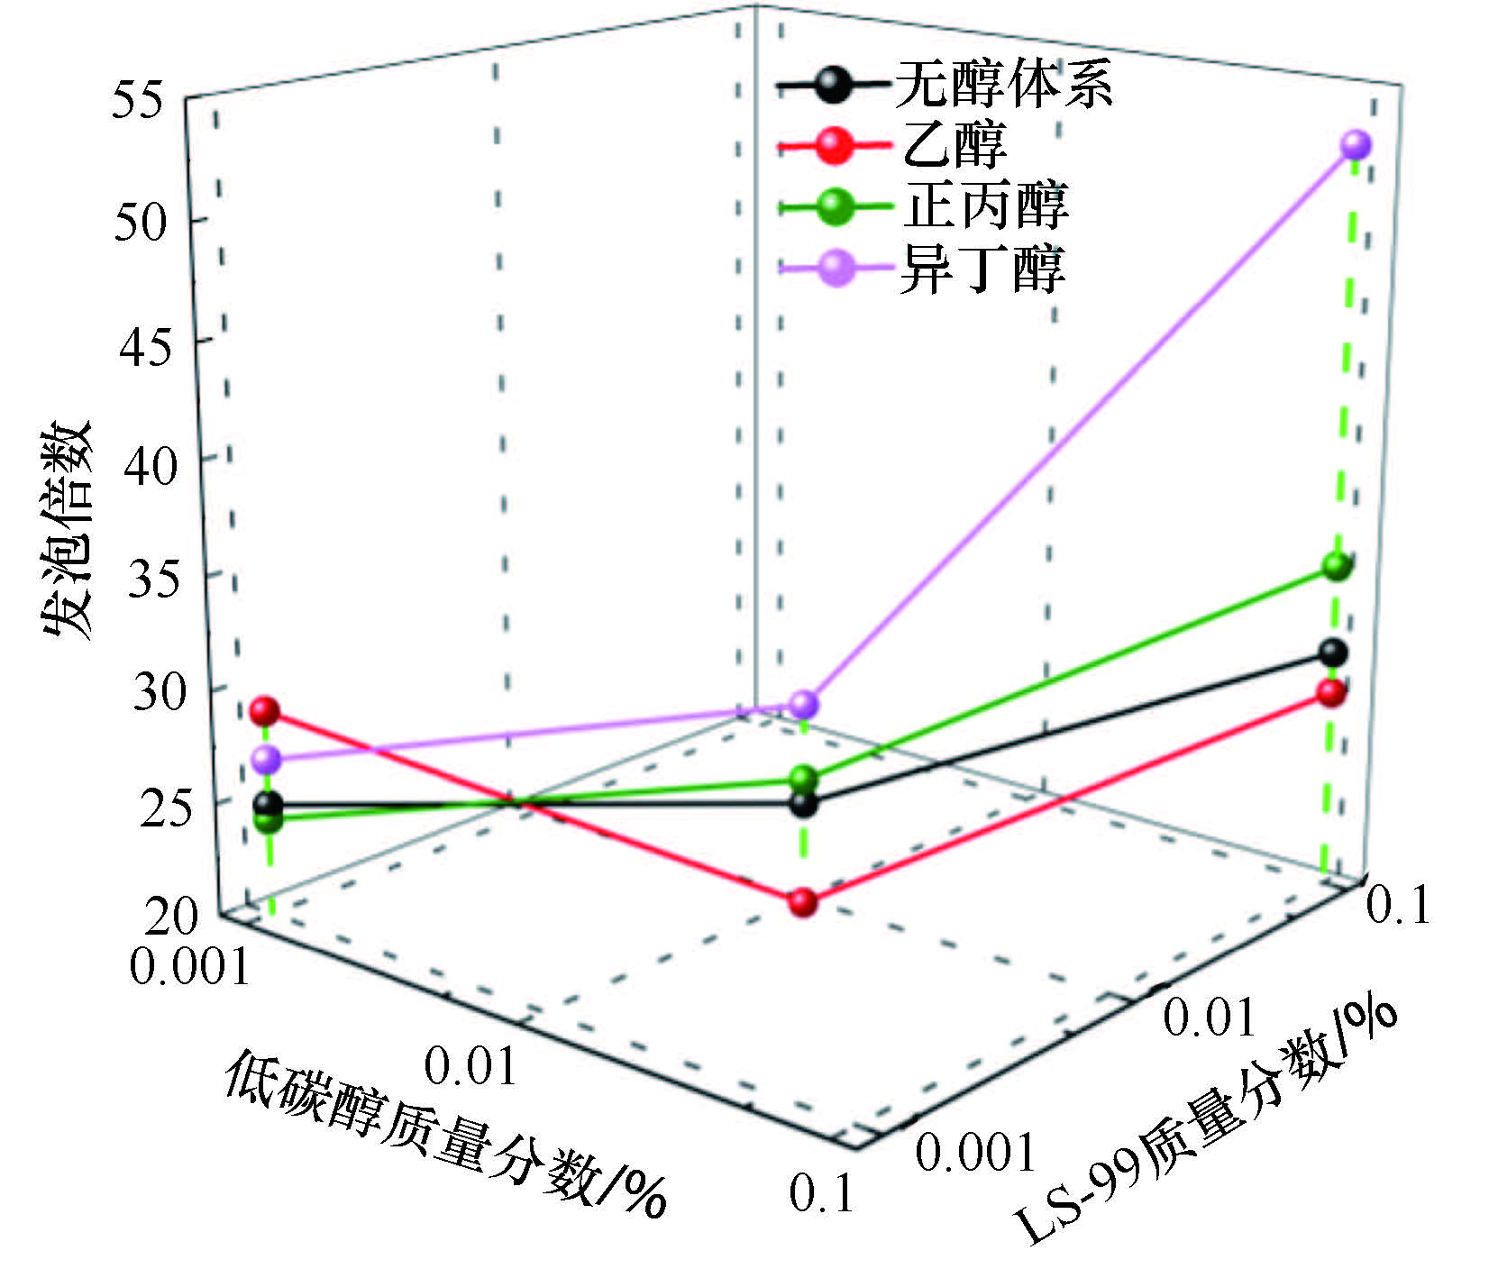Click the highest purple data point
pyautogui.click(x=1357, y=145)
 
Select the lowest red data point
pyautogui.click(x=803, y=902)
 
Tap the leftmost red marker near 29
pyautogui.click(x=265, y=712)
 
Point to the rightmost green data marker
pyautogui.click(x=1338, y=566)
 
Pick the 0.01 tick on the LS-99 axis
pyautogui.click(x=1209, y=1018)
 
